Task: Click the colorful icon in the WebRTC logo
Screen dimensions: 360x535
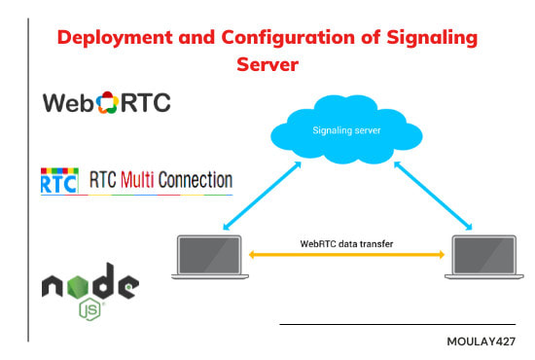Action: (106, 104)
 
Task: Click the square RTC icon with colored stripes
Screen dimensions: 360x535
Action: (58, 182)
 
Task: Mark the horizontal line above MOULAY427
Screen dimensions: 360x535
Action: (397, 325)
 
